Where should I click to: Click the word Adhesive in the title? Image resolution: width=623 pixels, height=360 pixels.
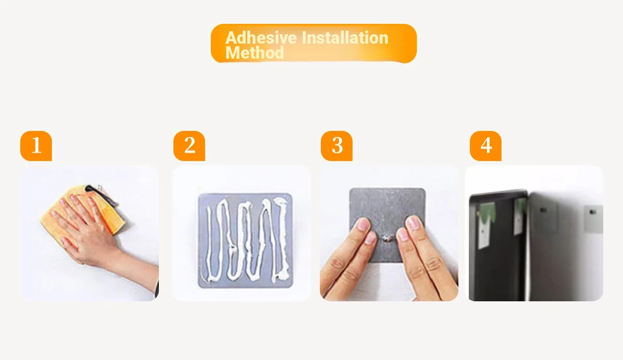[261, 37]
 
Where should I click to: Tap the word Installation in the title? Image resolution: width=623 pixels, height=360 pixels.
[345, 37]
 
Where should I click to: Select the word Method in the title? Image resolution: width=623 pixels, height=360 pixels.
[254, 52]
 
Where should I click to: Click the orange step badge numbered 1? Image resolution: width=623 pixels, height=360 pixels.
[36, 146]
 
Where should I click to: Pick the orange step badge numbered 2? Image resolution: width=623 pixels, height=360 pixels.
[189, 146]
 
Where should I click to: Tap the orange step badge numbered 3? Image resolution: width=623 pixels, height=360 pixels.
[336, 146]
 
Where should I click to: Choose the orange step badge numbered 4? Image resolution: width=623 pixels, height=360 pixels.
[485, 146]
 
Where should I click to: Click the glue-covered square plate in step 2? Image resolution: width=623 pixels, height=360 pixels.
[245, 241]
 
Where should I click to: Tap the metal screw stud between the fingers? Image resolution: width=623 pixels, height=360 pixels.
[387, 238]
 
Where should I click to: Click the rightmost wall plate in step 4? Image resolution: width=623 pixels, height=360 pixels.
[593, 218]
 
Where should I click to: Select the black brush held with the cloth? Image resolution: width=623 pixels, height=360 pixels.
[103, 195]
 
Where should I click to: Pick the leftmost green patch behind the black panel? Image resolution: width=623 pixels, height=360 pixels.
[487, 213]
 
